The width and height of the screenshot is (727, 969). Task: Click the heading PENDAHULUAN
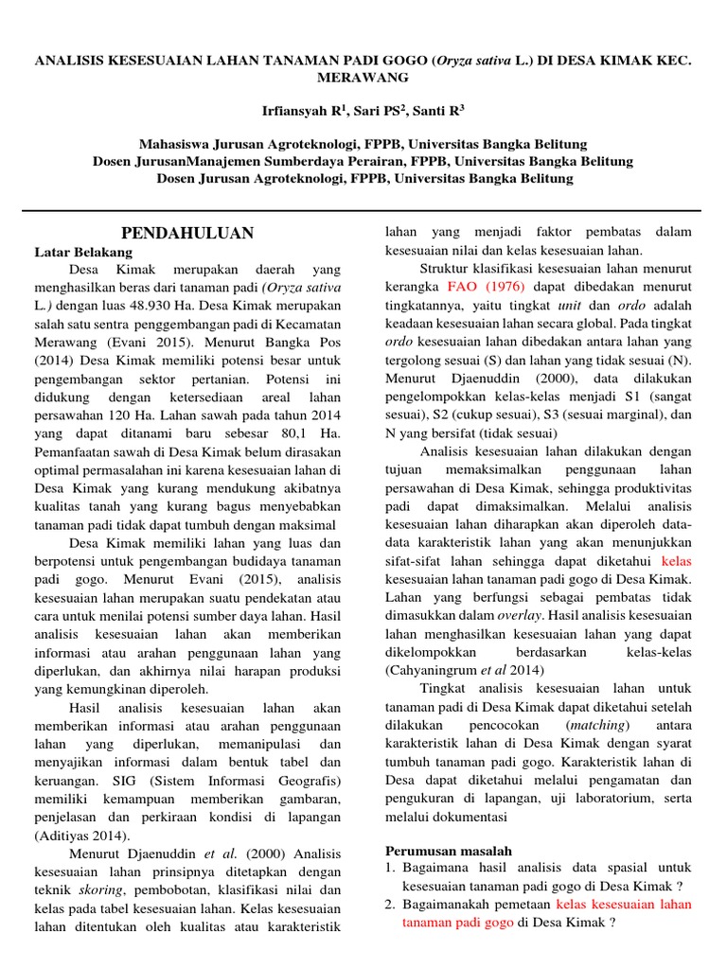(x=189, y=233)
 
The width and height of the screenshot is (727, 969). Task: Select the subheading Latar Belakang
(x=83, y=253)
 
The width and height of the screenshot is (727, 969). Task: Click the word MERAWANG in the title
(x=363, y=77)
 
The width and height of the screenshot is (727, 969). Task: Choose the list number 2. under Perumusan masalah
(x=390, y=905)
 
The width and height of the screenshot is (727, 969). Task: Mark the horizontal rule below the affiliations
(x=363, y=210)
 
